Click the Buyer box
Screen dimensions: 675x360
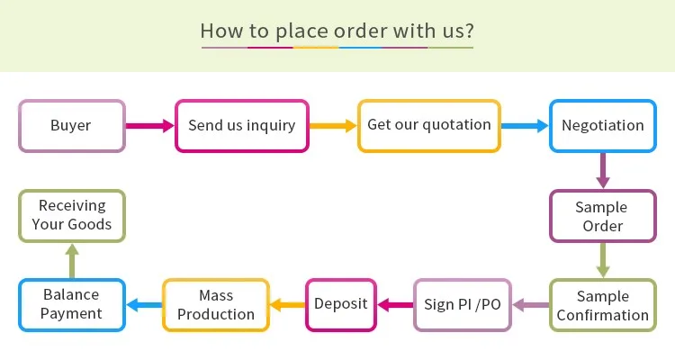coord(71,125)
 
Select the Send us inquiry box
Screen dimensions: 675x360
coord(241,125)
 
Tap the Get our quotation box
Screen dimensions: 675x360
coord(429,125)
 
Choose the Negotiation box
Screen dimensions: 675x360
coord(602,125)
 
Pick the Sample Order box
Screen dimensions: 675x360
coord(602,216)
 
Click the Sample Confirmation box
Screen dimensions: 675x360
coord(602,305)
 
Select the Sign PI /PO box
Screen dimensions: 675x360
coord(462,304)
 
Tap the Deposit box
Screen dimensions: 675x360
coord(340,304)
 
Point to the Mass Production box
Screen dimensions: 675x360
coord(215,305)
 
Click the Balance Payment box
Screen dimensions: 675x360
coord(71,305)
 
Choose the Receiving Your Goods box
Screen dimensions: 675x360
coord(71,215)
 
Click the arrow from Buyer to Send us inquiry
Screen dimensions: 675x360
coord(149,126)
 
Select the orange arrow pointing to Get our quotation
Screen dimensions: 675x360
coord(333,126)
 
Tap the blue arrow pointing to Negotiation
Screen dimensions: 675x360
coord(525,126)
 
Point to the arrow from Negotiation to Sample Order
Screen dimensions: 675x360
coord(602,171)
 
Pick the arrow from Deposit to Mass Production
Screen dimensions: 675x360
coord(288,305)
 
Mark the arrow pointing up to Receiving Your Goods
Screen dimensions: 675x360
coord(71,261)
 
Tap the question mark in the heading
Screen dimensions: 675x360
coord(468,31)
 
